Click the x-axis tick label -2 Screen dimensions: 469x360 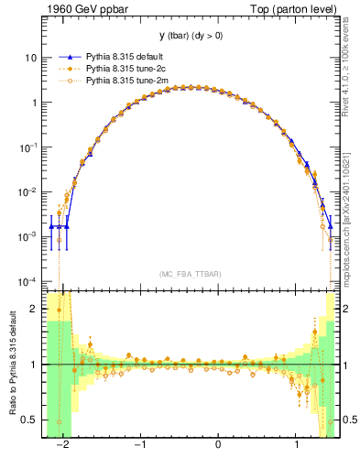click(x=63, y=446)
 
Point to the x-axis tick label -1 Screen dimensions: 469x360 click(x=140, y=446)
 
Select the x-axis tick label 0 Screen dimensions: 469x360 click(x=218, y=446)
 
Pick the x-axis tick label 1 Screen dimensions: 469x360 click(x=296, y=446)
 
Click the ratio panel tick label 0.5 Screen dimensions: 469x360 click(x=30, y=420)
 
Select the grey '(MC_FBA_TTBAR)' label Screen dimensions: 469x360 click(x=190, y=274)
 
